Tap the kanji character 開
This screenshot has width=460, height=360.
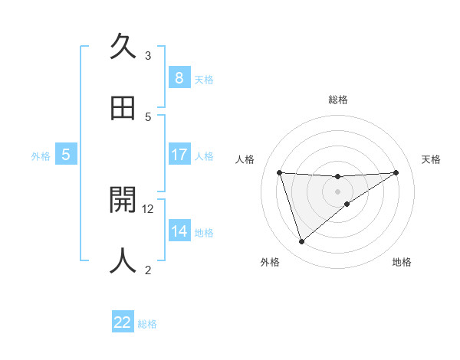click(x=123, y=199)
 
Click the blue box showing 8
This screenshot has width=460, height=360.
click(x=179, y=78)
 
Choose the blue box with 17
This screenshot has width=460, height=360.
click(x=179, y=155)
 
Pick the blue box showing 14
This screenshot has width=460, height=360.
click(x=179, y=231)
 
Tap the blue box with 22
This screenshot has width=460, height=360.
click(x=123, y=322)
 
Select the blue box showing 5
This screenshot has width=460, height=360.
click(x=66, y=155)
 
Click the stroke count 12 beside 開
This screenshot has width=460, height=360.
click(x=149, y=208)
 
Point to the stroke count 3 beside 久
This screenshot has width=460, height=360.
click(x=148, y=56)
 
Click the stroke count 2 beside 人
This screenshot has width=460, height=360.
click(x=148, y=270)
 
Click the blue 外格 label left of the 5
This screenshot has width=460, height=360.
click(x=41, y=156)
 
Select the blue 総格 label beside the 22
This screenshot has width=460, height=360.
click(x=147, y=324)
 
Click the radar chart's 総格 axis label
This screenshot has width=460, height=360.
click(x=337, y=100)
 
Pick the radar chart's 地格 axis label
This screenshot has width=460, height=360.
click(x=402, y=263)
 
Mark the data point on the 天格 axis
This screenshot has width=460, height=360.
click(x=396, y=172)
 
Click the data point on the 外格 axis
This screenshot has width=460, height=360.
click(x=301, y=242)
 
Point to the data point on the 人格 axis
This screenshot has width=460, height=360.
click(x=279, y=172)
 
